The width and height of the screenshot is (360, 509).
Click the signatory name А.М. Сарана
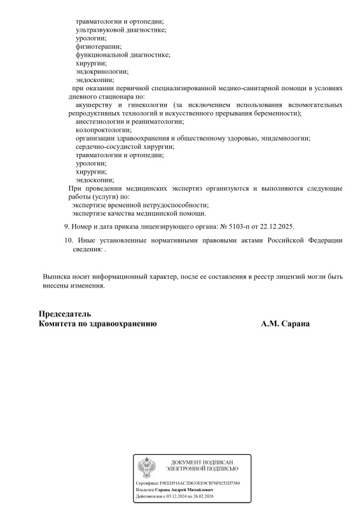click(286, 324)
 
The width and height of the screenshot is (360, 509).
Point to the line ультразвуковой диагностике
click(121, 30)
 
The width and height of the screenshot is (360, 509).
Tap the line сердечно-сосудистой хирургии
click(125, 146)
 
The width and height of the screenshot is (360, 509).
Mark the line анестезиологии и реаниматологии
click(129, 122)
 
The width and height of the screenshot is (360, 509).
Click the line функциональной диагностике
click(123, 55)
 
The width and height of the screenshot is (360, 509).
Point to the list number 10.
click(69, 241)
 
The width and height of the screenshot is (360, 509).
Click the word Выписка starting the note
click(56, 277)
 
